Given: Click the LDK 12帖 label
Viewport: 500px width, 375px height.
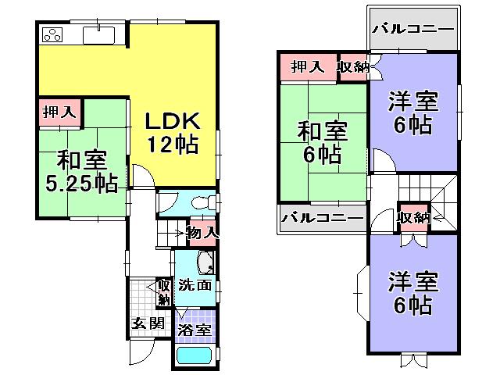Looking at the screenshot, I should pos(172,134).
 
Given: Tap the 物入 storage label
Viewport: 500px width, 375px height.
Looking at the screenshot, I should pos(201,232).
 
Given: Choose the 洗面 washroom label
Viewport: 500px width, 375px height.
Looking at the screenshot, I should pos(194,285).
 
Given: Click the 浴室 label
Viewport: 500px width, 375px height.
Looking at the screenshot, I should pos(194,330).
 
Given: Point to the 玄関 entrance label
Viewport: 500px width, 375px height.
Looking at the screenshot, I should pos(146,323).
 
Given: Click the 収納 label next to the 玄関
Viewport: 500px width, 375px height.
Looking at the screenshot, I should pos(163,292).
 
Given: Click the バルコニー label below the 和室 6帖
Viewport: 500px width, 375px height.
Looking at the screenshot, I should pos(323,216).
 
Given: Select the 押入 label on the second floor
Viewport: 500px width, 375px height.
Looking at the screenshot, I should pos(308,67).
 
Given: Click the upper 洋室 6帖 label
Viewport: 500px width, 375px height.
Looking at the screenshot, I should pos(412,113).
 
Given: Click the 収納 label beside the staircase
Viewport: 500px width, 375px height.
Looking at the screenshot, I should pos(413,217).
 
